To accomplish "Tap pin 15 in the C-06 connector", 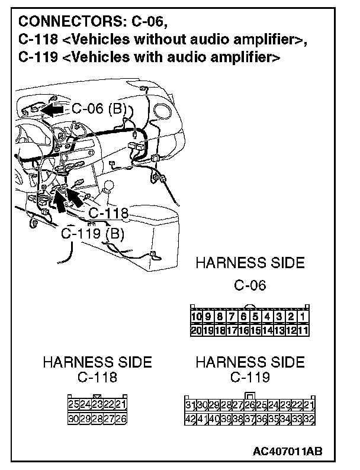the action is click(x=255, y=330).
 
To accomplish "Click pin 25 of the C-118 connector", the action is click(x=74, y=404).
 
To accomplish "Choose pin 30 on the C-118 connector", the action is click(x=74, y=418).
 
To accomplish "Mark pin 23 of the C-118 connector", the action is click(x=98, y=404).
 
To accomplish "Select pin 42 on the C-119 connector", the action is click(x=190, y=418).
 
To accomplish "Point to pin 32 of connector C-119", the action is click(x=308, y=418).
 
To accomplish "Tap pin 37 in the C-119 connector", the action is click(x=249, y=418).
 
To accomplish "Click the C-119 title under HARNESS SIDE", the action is click(x=250, y=377).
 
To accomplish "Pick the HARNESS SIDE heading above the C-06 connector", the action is click(x=250, y=262).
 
